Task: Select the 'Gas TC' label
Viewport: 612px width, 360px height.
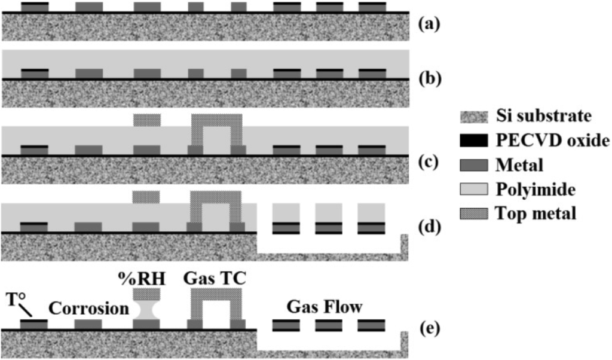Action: (x=215, y=279)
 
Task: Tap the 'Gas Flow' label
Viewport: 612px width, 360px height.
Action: (x=324, y=307)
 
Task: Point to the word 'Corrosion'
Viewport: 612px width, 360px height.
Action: (x=88, y=309)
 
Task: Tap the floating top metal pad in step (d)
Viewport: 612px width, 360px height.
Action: (x=146, y=197)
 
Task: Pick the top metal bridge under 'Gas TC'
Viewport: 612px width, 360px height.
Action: (x=216, y=294)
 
